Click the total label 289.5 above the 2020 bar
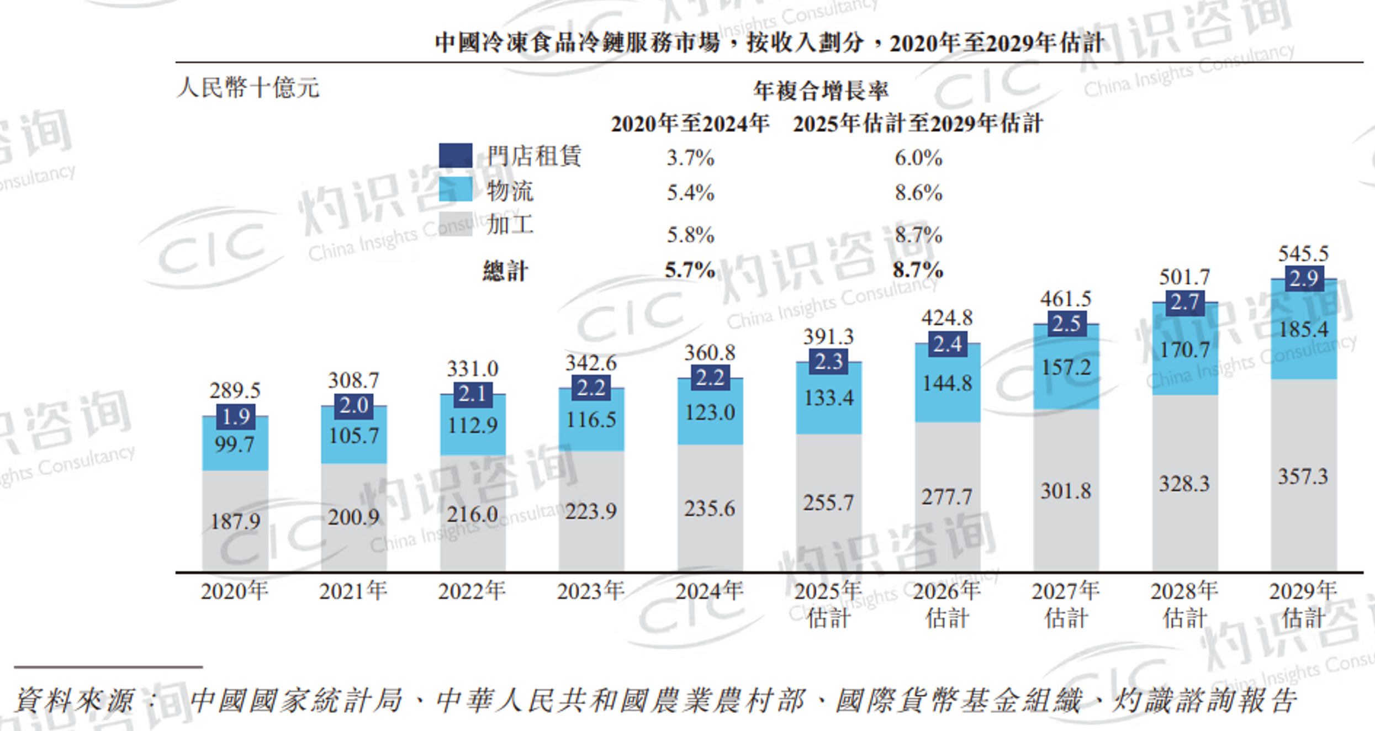point(235,390)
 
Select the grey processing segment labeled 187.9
point(235,521)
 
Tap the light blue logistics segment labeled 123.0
point(710,412)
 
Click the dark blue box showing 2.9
point(1303,278)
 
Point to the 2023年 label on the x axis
point(590,591)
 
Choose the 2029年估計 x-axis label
point(1303,604)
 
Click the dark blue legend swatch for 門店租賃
point(456,155)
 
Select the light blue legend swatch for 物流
point(456,189)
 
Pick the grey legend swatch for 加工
point(456,224)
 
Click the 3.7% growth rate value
point(690,158)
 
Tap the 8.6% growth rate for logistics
point(918,193)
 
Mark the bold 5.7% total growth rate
point(690,270)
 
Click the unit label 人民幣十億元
point(248,88)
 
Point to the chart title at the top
point(769,43)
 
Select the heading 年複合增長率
point(821,91)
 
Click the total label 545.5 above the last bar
point(1303,253)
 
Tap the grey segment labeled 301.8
point(1066,491)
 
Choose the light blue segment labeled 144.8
point(947,383)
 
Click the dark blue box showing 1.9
point(236,417)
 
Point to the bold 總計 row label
point(505,271)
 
